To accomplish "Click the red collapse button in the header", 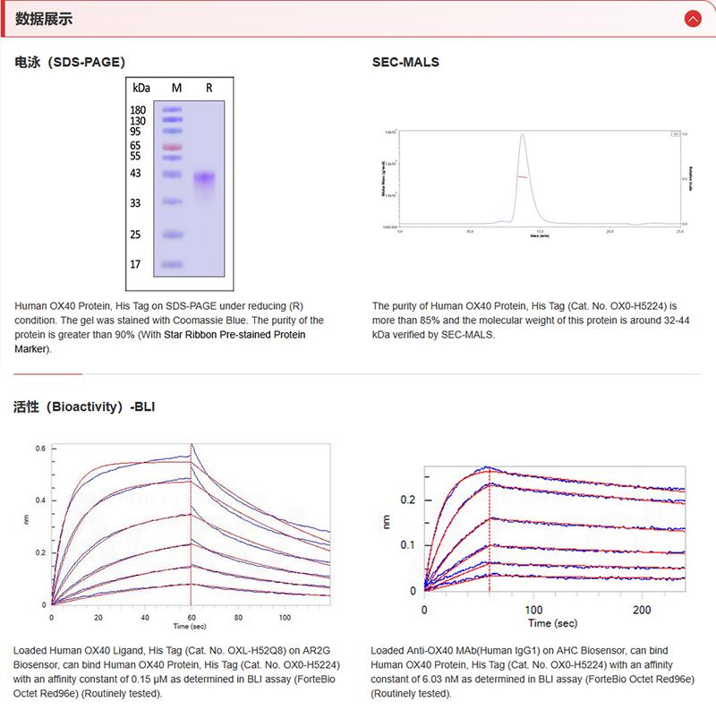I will (692, 18).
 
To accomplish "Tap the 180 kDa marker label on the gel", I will (138, 110).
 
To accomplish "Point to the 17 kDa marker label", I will (136, 265).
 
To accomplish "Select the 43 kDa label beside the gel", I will (136, 173).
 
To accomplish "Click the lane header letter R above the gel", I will (209, 88).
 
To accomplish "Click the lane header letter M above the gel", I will (176, 88).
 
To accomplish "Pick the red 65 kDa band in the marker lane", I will (173, 146).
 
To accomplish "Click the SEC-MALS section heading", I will (405, 63).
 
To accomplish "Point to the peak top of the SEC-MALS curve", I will (522, 135).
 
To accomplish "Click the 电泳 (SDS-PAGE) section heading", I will (70, 63).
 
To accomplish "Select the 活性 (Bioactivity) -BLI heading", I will (84, 406).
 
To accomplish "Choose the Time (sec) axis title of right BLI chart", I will (552, 623).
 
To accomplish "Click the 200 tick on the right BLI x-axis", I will (642, 609).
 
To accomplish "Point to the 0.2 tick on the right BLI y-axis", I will (408, 500).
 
